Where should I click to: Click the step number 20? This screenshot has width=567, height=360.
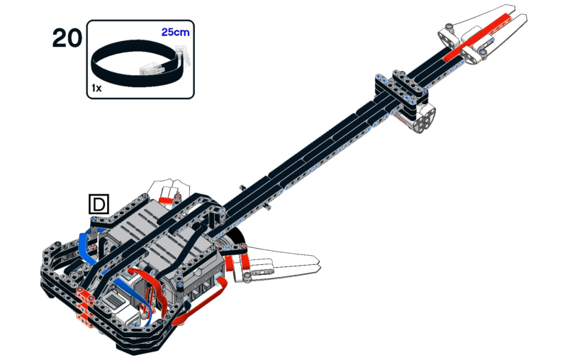[67, 38]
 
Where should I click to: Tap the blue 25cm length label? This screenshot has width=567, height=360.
[175, 32]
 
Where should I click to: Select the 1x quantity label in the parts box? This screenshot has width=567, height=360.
[96, 88]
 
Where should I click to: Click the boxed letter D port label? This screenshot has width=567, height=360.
[99, 204]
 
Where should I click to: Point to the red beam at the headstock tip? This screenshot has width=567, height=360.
[479, 37]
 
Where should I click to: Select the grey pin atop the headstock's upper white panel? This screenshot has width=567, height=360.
[449, 26]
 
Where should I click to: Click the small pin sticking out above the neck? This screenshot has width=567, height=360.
[243, 188]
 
